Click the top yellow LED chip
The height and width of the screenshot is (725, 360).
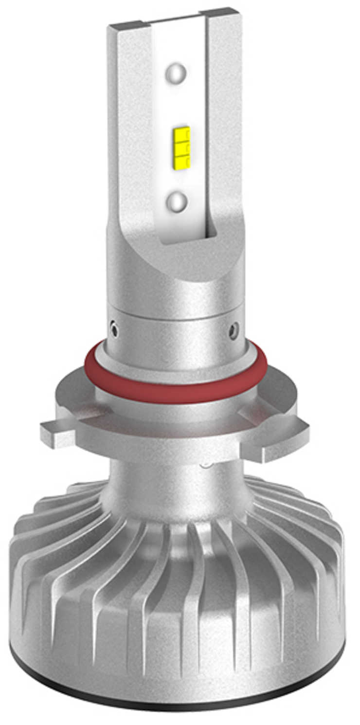tap(180, 132)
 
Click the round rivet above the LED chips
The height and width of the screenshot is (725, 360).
tap(176, 74)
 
